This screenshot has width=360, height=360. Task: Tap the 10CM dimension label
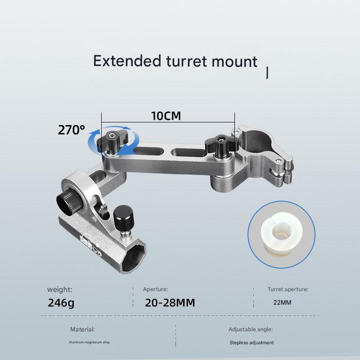click(166, 116)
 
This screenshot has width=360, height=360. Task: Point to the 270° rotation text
click(71, 130)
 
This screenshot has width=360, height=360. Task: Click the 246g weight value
click(61, 302)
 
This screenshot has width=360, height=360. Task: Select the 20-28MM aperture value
click(170, 302)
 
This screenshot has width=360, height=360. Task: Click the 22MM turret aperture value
click(282, 302)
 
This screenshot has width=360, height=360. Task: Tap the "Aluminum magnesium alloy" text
click(89, 342)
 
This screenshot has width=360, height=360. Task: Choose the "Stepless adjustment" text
click(251, 342)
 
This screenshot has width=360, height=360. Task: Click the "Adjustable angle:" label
click(251, 329)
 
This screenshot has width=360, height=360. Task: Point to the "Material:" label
click(82, 329)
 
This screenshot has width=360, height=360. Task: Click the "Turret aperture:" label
click(288, 289)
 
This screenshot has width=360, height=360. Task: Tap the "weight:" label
click(59, 289)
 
